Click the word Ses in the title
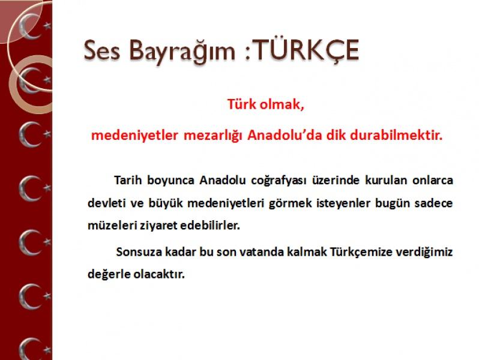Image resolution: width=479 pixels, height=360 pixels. tap(101, 50)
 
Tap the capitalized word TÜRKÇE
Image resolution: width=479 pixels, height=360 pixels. tap(306, 50)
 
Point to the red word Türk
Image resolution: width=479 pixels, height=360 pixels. tap(242, 104)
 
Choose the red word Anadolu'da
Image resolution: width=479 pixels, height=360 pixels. tap(285, 135)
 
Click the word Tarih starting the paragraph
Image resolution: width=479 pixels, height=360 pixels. tap(128, 180)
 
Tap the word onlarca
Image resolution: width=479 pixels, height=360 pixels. tap(433, 180)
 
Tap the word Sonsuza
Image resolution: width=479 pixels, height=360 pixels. tap(139, 252)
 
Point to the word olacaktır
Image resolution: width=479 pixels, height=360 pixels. tap(159, 274)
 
